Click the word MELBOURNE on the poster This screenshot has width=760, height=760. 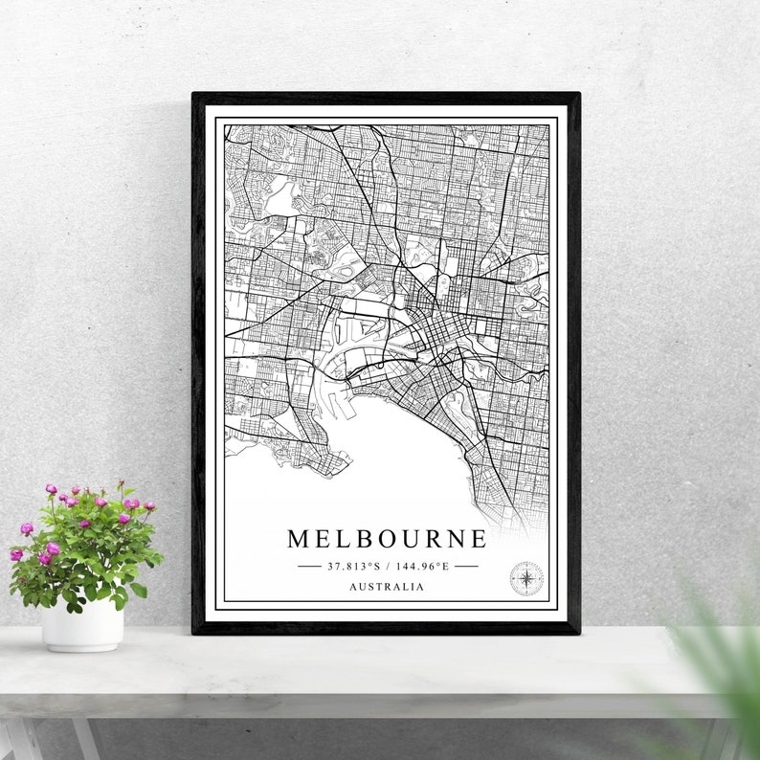[387, 539]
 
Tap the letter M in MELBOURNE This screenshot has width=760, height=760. [298, 539]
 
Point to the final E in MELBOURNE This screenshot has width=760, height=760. [479, 539]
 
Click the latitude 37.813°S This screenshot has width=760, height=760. [354, 566]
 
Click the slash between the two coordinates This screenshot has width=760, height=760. [387, 566]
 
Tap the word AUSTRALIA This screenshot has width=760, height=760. [387, 587]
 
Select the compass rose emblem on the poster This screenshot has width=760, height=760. [526, 577]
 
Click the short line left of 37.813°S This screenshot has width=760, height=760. [309, 566]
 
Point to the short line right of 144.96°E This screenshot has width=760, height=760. [466, 566]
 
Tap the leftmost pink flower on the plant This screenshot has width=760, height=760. [16, 554]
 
